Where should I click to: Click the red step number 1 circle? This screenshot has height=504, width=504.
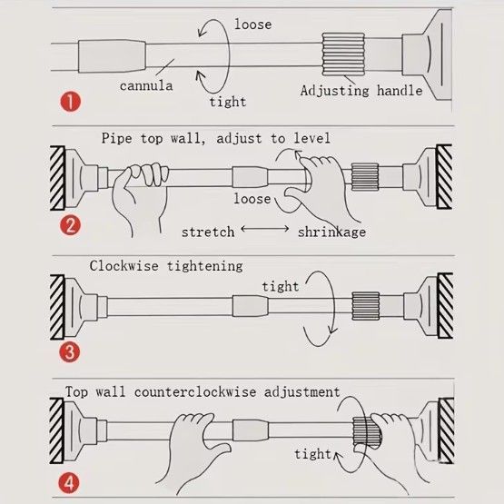pos(71,102)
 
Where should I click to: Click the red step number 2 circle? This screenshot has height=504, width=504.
pos(70,225)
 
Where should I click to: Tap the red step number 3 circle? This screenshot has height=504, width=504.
pos(69,351)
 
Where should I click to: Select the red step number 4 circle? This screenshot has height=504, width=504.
pos(69,483)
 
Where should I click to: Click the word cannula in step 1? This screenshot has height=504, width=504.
pos(146,86)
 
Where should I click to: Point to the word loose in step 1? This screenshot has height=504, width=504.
pos(253,25)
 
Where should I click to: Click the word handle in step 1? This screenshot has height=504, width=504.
pos(400,90)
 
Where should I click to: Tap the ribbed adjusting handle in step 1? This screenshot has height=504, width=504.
pos(343,54)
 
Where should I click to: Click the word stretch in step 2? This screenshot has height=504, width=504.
pos(208,232)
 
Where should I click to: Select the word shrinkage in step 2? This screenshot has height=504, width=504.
pos(331,232)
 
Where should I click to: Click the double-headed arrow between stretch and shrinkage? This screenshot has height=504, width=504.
pos(265,229)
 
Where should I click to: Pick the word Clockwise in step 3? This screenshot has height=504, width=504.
pos(124,266)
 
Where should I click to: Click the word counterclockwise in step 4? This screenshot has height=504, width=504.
pos(195,391)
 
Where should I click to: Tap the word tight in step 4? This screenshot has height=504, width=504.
pos(312,454)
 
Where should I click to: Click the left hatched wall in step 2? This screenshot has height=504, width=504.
pos(57,178)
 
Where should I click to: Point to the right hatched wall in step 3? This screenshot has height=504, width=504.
pos(445,306)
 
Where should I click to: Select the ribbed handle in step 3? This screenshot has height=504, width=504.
pos(365,306)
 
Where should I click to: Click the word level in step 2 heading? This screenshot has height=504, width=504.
pos(311,138)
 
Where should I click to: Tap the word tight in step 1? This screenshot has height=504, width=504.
pos(228,102)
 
